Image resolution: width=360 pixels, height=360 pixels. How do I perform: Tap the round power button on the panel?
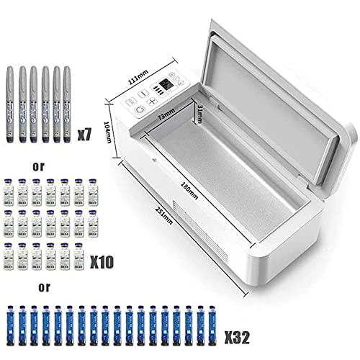tap(139, 103)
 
